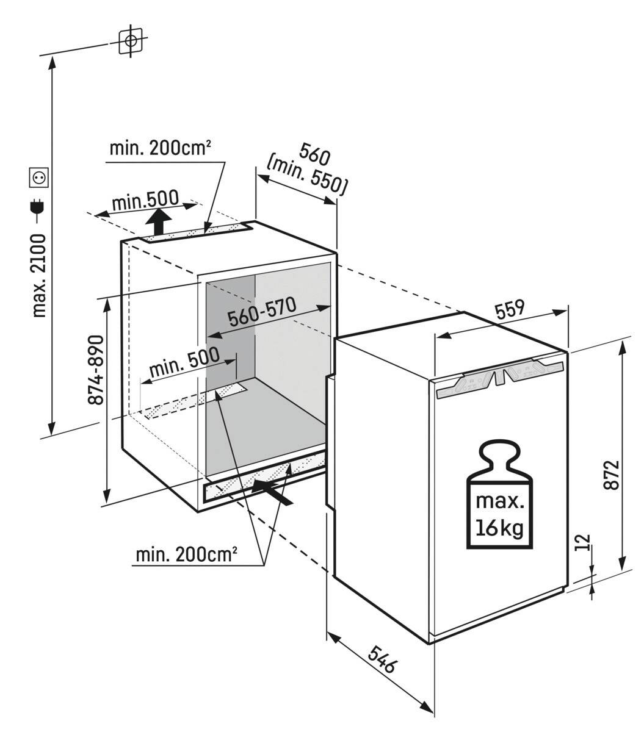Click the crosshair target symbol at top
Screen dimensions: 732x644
tap(130, 41)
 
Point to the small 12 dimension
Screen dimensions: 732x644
tap(584, 542)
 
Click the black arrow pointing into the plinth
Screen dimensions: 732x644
tap(272, 490)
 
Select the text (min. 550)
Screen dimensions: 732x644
tap(308, 179)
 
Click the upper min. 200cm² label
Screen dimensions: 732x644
tap(161, 148)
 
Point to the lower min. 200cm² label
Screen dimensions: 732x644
tap(186, 554)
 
